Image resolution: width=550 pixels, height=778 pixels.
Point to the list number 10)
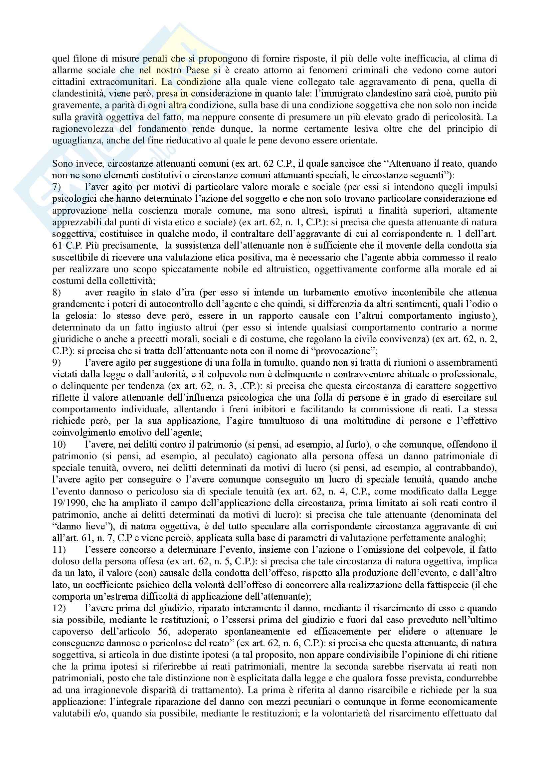(59, 444)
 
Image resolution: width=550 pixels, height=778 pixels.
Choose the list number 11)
(59, 550)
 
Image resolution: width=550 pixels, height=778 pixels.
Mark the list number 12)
(59, 608)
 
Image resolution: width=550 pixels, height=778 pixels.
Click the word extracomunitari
(122, 82)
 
